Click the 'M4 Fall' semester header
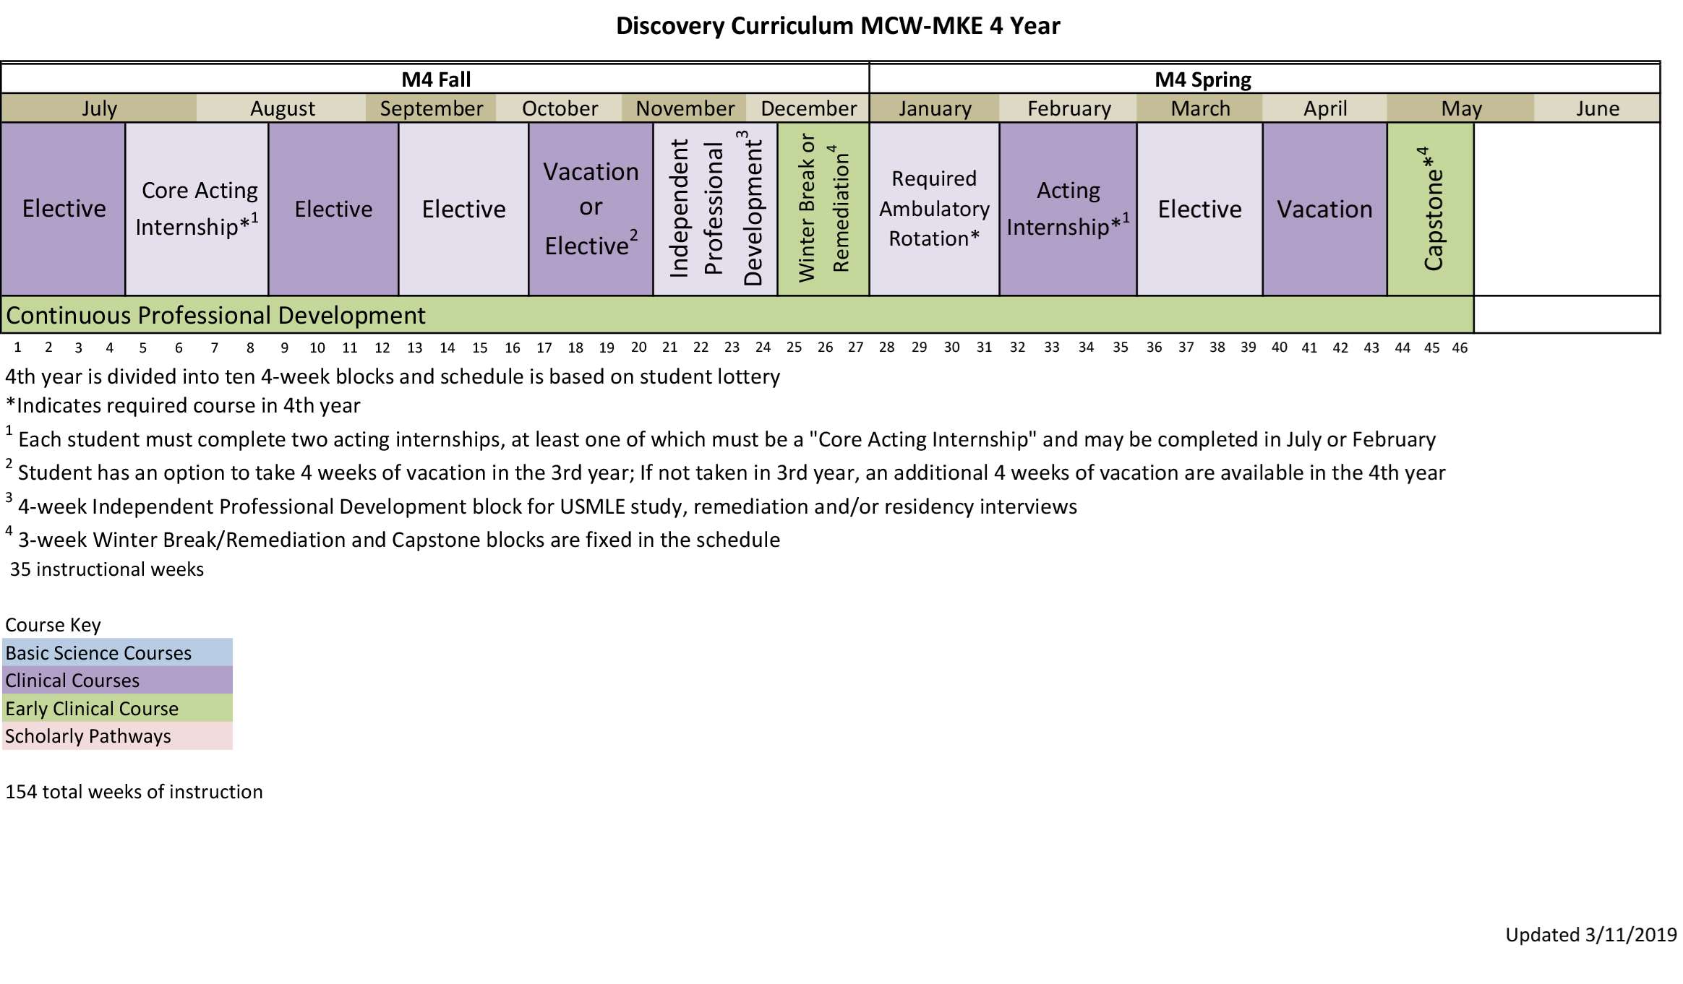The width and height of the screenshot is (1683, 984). (436, 79)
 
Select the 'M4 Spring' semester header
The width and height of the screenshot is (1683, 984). (1202, 79)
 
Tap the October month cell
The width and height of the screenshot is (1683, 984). (560, 108)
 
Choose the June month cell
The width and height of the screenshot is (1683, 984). (1598, 108)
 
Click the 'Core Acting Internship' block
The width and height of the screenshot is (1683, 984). (197, 209)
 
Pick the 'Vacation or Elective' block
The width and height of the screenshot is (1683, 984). (591, 209)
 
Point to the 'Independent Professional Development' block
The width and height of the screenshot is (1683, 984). (715, 209)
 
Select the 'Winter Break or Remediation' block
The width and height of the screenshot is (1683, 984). (823, 209)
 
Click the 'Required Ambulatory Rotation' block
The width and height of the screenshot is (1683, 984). (934, 209)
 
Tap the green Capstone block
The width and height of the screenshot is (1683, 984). (1431, 209)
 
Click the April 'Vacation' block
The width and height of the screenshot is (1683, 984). (1324, 209)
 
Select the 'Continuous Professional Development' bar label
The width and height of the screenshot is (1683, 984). (215, 316)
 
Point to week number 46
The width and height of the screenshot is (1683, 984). (1460, 348)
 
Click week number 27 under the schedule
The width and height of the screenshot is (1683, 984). (855, 348)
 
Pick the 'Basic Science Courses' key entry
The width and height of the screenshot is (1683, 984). (99, 653)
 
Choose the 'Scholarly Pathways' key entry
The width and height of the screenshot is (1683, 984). (88, 736)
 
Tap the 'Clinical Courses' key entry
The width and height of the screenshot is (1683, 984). (72, 681)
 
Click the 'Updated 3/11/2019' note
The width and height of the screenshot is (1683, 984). (1590, 935)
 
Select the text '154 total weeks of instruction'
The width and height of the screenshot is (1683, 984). (134, 792)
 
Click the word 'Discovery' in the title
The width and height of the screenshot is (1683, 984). (669, 26)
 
